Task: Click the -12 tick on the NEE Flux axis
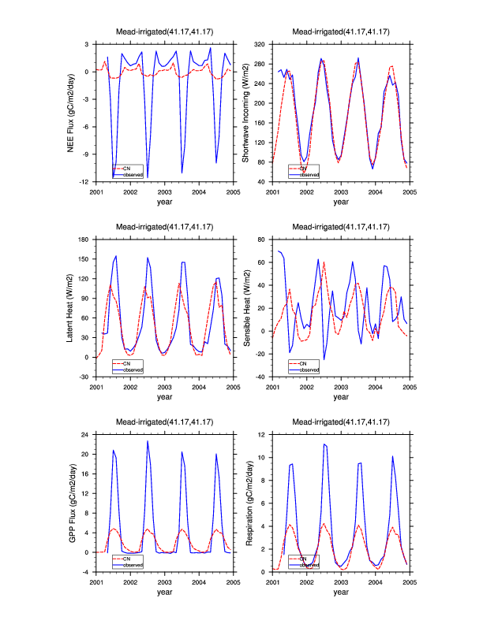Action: [x=86, y=182]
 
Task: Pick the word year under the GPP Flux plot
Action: [x=164, y=592]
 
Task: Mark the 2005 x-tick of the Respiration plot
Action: [x=410, y=581]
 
